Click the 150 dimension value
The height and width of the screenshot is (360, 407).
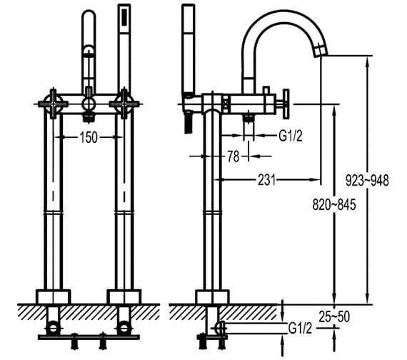88,138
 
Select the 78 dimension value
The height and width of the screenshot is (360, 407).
233,157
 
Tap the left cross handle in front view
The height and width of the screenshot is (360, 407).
54,103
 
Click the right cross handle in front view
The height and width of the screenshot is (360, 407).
124,103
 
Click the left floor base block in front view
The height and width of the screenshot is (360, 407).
54,296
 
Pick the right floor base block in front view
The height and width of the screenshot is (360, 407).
124,296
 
